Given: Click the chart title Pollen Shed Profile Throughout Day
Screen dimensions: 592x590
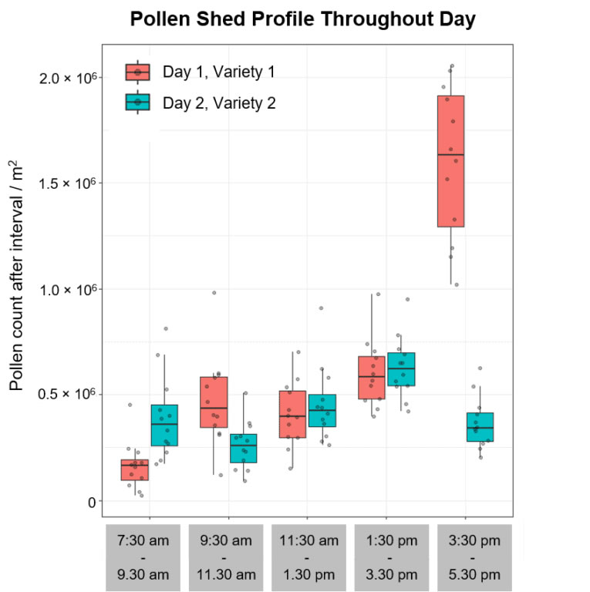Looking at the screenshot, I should (302, 19).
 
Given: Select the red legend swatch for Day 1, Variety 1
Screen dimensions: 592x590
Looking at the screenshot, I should (138, 72).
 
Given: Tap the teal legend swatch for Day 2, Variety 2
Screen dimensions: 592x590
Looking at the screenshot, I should (138, 102).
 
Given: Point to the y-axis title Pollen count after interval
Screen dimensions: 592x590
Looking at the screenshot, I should (18, 275).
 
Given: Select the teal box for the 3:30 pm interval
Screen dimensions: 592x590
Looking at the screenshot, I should (480, 426).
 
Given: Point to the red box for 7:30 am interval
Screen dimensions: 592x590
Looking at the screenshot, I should (134, 469).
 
